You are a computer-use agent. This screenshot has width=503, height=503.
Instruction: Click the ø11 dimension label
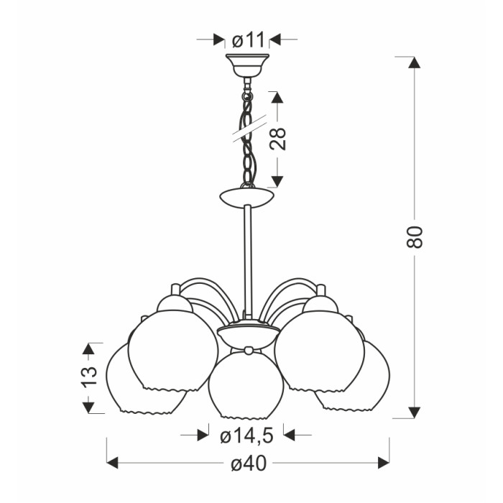click(x=248, y=40)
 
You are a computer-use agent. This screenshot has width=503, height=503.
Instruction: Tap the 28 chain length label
click(x=278, y=139)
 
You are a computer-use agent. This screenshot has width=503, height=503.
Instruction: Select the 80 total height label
click(x=415, y=236)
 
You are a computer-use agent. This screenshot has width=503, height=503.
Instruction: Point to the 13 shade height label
click(x=89, y=377)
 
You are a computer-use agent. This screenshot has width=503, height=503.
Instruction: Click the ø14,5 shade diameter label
click(x=246, y=436)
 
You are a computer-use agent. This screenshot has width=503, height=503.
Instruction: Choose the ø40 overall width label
click(x=249, y=463)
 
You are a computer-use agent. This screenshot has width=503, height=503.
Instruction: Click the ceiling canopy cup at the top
click(x=247, y=65)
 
